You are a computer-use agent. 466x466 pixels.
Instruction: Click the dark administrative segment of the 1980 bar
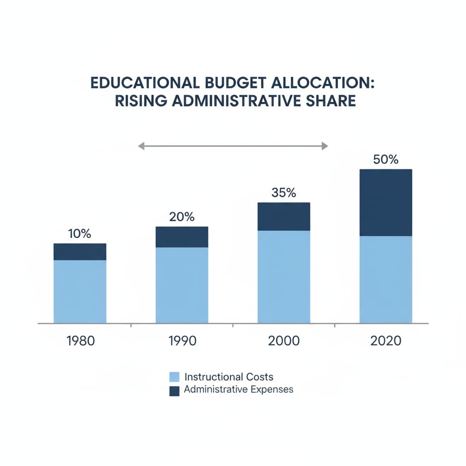tap(80, 252)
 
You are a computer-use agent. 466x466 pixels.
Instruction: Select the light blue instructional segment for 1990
tap(182, 285)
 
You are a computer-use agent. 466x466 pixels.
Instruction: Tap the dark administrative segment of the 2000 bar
tap(284, 217)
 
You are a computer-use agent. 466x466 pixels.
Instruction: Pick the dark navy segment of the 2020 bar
tap(385, 203)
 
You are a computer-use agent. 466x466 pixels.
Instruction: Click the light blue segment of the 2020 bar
tap(385, 279)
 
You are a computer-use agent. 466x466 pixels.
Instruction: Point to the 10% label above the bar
tap(80, 234)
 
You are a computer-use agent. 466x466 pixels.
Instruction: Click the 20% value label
tap(182, 217)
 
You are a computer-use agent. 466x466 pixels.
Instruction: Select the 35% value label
tap(284, 192)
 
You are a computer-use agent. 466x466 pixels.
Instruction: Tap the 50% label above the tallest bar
tap(385, 160)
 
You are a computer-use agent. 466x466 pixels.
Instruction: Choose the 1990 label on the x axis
tap(182, 341)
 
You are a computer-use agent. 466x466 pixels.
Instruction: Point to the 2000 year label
tap(284, 341)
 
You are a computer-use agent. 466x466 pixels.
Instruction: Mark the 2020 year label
tap(385, 341)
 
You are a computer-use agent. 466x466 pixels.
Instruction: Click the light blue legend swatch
tap(174, 377)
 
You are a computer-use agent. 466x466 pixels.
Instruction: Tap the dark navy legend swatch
tap(174, 390)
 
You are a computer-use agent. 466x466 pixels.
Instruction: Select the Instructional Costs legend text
tap(229, 377)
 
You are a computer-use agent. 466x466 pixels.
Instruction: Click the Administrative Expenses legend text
tap(238, 390)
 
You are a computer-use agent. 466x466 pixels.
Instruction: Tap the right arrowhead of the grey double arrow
tap(324, 146)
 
